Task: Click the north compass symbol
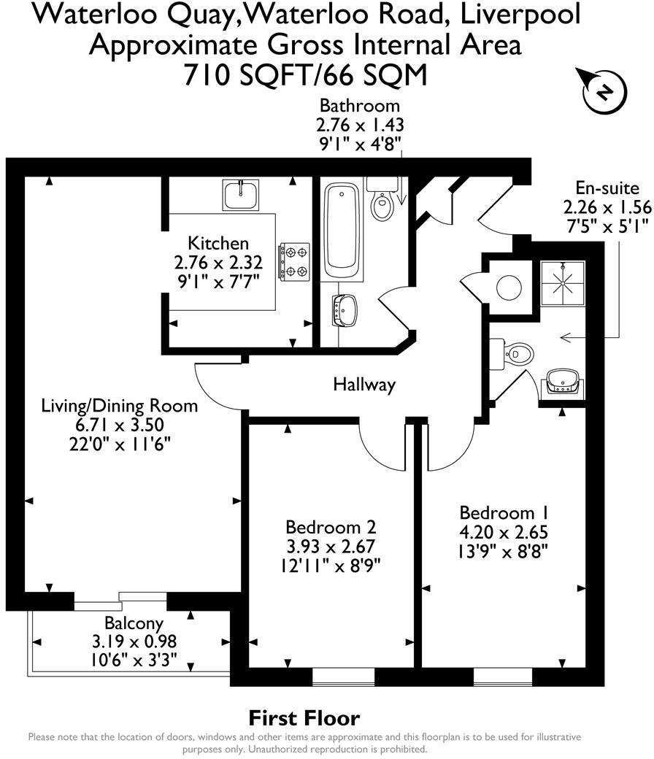(603, 91)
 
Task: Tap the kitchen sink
(240, 195)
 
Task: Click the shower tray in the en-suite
(563, 279)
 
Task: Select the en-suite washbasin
(563, 381)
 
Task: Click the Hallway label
(364, 385)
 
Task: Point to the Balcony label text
(134, 624)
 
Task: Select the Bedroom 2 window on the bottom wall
(343, 677)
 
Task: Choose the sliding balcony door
(120, 601)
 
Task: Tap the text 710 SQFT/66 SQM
(304, 74)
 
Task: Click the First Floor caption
(304, 717)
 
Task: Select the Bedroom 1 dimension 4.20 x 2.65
(503, 531)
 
